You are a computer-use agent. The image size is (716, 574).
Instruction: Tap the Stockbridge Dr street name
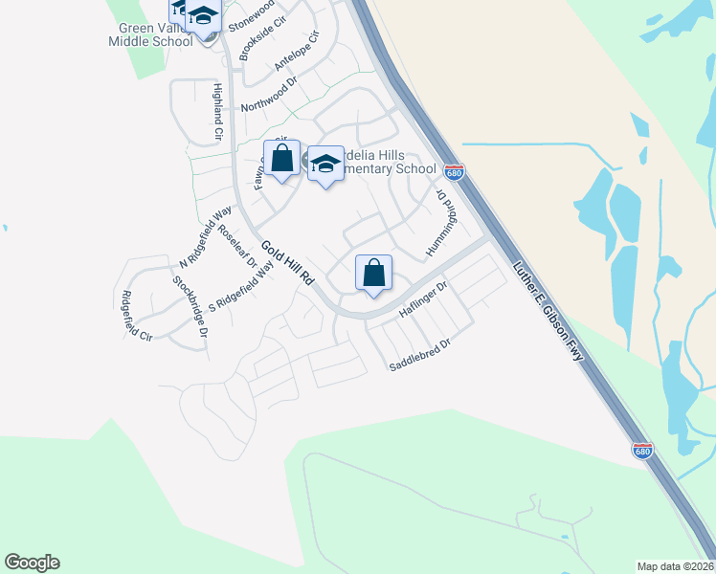[190, 307]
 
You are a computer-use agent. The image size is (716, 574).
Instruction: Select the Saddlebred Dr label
[418, 355]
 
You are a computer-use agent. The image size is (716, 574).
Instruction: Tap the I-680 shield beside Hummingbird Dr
[455, 172]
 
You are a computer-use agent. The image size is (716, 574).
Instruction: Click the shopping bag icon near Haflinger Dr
[373, 272]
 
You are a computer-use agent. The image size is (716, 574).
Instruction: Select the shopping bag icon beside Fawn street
[281, 158]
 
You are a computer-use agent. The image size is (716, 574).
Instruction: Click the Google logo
[32, 563]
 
